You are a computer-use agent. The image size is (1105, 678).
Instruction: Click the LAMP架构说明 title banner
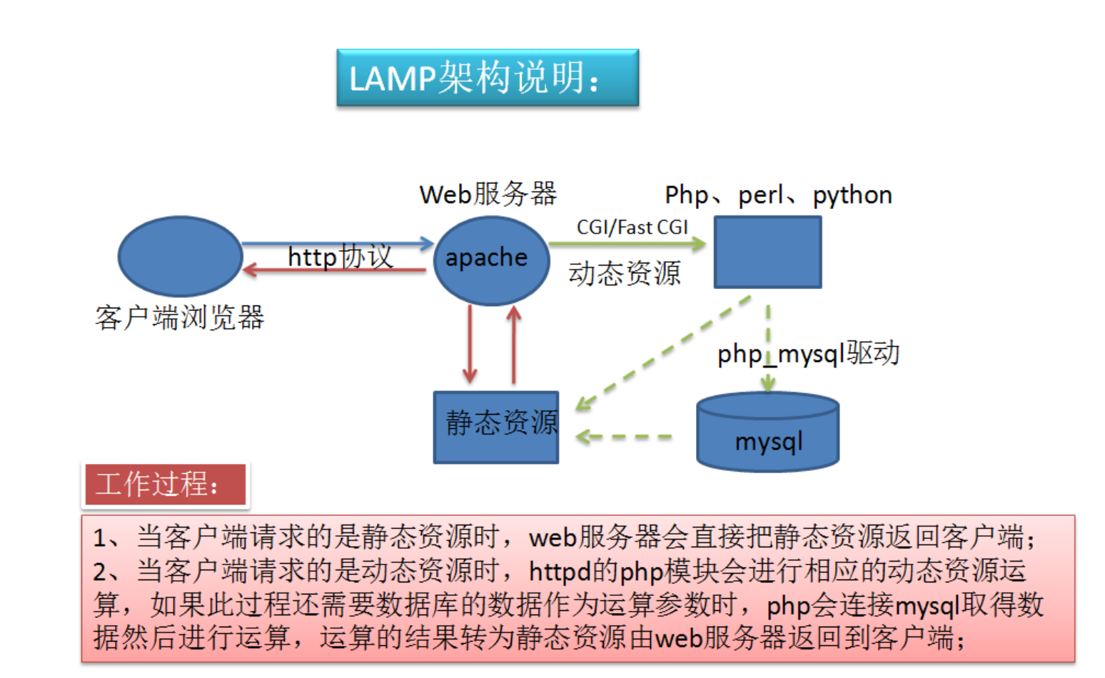488,78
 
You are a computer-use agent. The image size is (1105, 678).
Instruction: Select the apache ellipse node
491,260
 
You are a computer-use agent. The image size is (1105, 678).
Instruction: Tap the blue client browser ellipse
180,256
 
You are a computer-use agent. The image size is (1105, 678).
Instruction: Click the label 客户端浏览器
179,318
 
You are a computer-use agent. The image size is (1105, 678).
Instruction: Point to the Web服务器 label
488,194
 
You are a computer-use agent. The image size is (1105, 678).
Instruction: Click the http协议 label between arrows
340,256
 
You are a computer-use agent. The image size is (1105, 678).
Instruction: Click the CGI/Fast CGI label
632,227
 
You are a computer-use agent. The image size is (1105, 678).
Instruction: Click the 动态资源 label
625,273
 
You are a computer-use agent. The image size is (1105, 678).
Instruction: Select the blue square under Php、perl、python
767,253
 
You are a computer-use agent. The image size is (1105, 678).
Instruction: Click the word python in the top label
852,195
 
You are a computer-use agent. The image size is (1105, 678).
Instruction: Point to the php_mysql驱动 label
808,353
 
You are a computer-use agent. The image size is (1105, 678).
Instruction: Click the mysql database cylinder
767,432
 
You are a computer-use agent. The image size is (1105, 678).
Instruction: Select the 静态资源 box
496,427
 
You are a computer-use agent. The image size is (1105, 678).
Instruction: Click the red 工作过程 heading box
166,485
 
